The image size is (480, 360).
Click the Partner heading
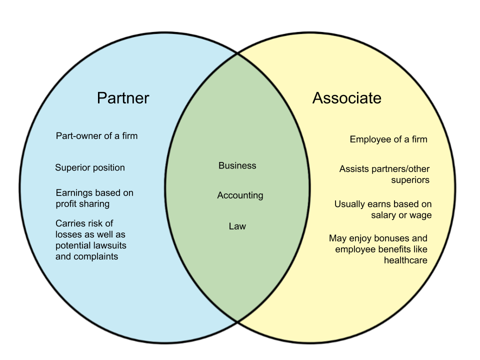click(x=123, y=97)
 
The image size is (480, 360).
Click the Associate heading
click(x=346, y=98)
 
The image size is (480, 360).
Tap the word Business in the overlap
click(x=237, y=165)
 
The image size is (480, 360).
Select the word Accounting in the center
click(x=240, y=195)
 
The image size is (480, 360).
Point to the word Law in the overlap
click(x=237, y=226)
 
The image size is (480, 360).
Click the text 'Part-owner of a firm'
click(x=96, y=135)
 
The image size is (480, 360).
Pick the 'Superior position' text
click(x=90, y=167)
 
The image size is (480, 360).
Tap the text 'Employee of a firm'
click(x=388, y=139)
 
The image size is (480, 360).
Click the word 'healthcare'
click(x=405, y=260)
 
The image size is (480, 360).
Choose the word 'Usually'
click(x=350, y=204)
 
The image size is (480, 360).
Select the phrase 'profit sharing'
click(x=82, y=204)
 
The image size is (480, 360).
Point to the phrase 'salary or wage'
click(x=401, y=215)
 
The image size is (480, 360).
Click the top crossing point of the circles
click(x=237, y=53)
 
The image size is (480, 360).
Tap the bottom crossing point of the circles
click(x=237, y=320)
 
